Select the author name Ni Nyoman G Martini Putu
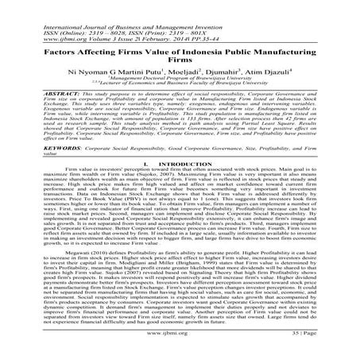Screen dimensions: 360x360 click(x=122, y=73)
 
